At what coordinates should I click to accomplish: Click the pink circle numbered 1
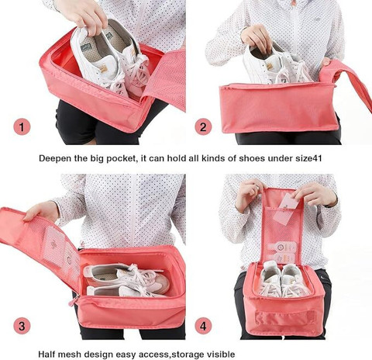click(22, 126)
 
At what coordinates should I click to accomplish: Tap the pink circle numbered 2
click(203, 126)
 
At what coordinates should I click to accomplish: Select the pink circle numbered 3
click(22, 325)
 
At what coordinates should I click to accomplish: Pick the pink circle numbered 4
click(203, 325)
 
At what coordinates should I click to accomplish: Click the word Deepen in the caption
click(55, 158)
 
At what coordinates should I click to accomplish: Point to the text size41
click(308, 158)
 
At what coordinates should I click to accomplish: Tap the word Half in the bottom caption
click(46, 354)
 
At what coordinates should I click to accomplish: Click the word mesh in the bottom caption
click(69, 354)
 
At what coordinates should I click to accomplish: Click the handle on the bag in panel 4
click(285, 317)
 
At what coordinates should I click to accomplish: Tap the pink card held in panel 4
click(285, 209)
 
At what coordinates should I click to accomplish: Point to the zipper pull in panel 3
click(73, 302)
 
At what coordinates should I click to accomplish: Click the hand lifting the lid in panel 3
click(41, 211)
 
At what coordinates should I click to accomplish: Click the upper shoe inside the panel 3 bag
click(126, 275)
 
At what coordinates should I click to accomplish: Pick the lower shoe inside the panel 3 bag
click(122, 291)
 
